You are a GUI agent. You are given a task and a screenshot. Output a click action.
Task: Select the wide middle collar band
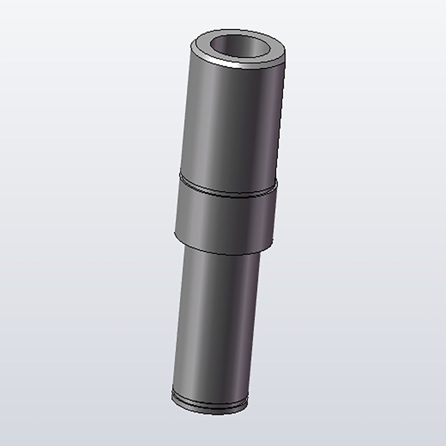pyautogui.click(x=225, y=219)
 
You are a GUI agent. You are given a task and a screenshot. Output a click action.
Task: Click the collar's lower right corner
pyautogui.click(x=271, y=245)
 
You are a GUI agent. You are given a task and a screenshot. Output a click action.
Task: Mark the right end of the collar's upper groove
pyautogui.click(x=277, y=184)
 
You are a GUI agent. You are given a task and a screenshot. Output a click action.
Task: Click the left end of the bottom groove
pyautogui.click(x=173, y=394)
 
